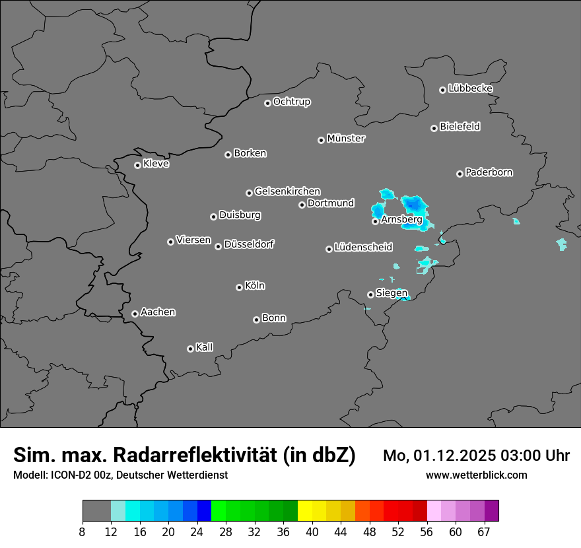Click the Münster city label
coord(346,139)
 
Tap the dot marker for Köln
coord(239,287)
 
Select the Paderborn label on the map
coord(489,172)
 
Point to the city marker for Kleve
coord(137,165)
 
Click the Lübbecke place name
coord(470,88)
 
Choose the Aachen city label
coord(158,312)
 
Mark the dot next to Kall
coord(190,349)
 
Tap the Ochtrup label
coord(292,102)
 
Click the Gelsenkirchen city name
coord(287,191)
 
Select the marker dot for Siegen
coord(370,294)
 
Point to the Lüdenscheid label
coord(363,248)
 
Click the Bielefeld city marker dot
coord(434,128)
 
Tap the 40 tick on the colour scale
coord(312,532)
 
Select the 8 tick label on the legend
coord(83,532)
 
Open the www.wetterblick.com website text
coord(476,475)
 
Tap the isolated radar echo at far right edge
coord(561,244)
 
